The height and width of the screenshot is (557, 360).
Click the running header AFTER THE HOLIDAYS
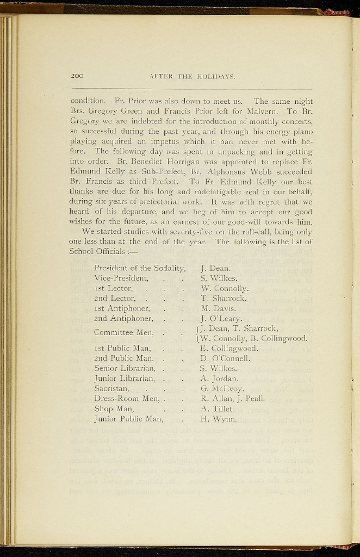point(191,77)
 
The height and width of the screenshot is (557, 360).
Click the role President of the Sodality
point(140,268)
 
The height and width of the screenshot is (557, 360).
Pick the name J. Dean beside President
point(216,268)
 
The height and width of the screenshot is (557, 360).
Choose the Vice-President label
point(122,278)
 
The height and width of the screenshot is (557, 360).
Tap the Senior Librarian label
point(125,368)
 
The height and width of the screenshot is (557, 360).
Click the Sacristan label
point(111,388)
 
